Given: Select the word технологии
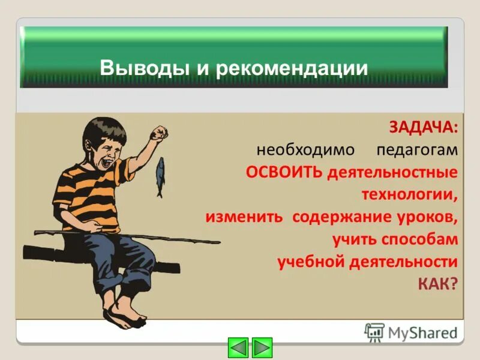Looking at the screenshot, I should coord(409,194).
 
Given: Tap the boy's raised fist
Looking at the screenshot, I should coord(158,133).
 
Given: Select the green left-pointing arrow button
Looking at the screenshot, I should coord(239,347).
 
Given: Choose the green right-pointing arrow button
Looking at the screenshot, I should coord(262,347).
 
